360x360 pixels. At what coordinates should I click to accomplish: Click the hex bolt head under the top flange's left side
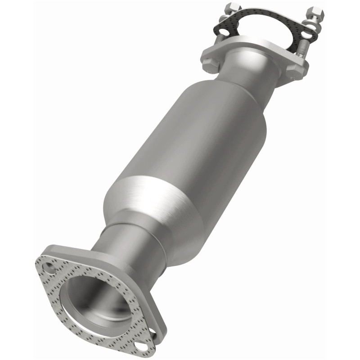(209, 67)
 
